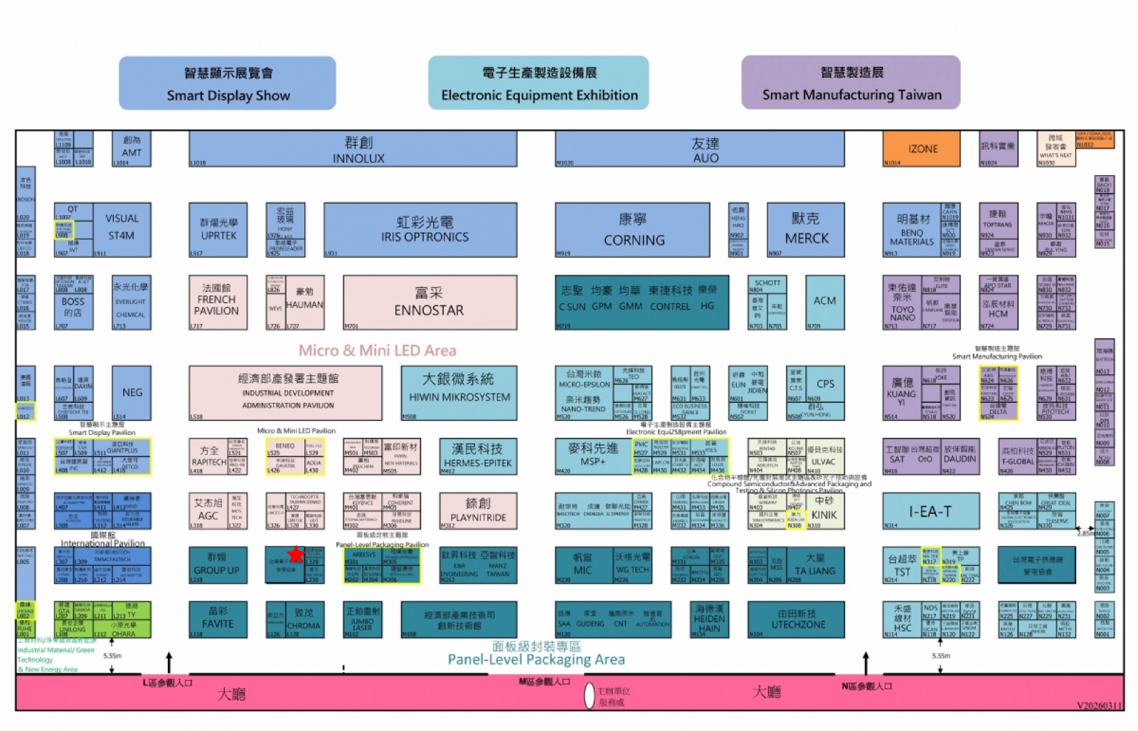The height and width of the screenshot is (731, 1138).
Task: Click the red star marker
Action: (296, 554)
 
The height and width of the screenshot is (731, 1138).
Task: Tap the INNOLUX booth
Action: (353, 150)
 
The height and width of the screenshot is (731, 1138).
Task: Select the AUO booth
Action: (700, 150)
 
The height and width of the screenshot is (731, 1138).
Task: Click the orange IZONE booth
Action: (922, 149)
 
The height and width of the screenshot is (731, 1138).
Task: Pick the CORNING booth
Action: (632, 230)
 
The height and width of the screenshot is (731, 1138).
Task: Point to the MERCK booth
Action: (806, 230)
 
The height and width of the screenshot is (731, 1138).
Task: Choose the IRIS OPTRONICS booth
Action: (420, 230)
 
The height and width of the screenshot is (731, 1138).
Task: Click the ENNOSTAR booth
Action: (430, 303)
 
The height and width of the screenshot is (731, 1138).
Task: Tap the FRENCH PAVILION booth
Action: (218, 303)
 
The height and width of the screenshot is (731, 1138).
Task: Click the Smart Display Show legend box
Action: (228, 84)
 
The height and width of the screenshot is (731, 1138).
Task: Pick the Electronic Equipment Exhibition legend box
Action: (538, 84)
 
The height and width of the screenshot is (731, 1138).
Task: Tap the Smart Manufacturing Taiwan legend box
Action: (851, 83)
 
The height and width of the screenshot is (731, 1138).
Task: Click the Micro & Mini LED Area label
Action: (377, 350)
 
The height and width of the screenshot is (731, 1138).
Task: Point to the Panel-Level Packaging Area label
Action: (536, 659)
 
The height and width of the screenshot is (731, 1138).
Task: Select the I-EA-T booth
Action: (930, 511)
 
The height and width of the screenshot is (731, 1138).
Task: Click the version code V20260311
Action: (1100, 705)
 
